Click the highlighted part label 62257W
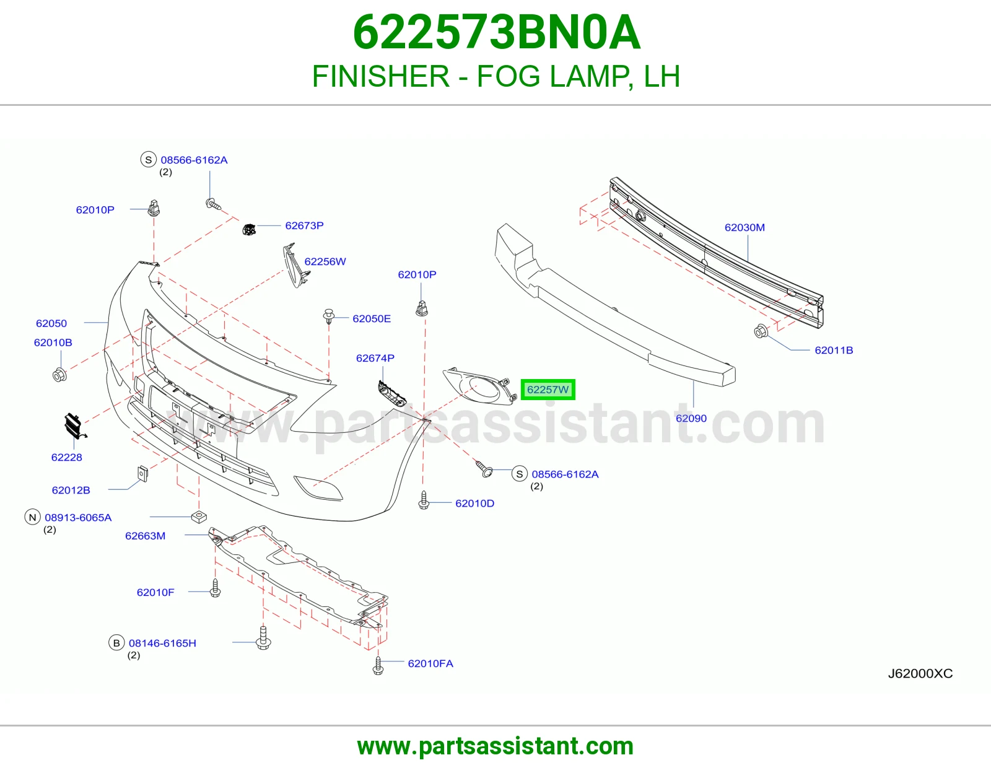point(548,390)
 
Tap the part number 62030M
point(744,227)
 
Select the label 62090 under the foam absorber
point(691,418)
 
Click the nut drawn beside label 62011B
point(760,331)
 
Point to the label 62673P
point(304,225)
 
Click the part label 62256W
point(325,261)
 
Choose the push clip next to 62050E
point(329,316)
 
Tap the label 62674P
point(375,358)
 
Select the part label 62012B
point(71,490)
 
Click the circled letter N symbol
point(32,517)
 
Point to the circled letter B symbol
point(116,643)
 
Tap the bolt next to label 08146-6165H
point(263,637)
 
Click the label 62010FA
point(430,663)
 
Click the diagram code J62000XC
point(920,674)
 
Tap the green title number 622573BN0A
point(496,32)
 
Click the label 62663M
point(145,535)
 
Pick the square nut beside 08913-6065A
point(199,517)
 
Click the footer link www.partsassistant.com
point(495,746)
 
